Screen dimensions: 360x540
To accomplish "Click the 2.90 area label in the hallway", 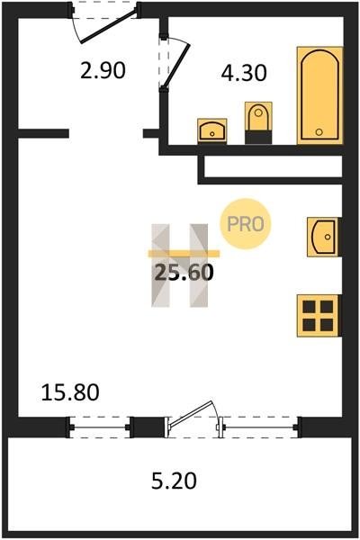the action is (x=103, y=70).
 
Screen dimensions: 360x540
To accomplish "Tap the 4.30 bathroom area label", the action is (x=244, y=73).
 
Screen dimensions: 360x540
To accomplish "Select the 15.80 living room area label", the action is (x=70, y=392).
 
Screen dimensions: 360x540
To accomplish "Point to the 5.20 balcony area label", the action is (x=174, y=481).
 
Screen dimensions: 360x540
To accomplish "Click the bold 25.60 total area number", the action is (x=184, y=273).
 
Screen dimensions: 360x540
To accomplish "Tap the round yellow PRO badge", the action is (x=246, y=224).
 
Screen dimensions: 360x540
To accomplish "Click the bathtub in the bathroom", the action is (x=320, y=95).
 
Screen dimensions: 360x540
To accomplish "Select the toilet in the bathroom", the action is (x=258, y=122).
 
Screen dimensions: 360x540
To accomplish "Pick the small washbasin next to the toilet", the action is (x=212, y=130).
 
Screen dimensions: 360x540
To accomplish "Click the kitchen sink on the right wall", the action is (x=323, y=237).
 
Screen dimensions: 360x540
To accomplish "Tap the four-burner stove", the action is (x=319, y=316).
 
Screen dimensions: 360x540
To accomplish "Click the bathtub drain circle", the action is (x=319, y=131).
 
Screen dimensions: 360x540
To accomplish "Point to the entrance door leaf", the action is (x=109, y=27).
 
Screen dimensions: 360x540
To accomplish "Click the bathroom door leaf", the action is (x=175, y=65).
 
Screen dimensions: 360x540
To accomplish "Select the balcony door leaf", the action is (x=191, y=414).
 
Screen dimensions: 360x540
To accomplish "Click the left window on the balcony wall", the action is (x=100, y=427).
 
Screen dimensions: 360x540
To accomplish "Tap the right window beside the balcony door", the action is (x=260, y=427).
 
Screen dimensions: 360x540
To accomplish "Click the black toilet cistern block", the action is (x=258, y=137).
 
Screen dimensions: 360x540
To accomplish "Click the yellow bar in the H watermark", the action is (x=184, y=254).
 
